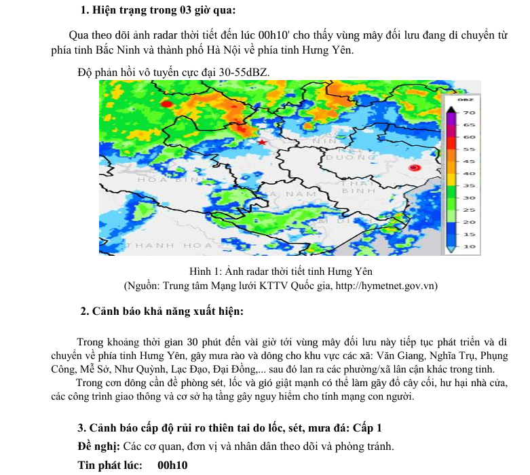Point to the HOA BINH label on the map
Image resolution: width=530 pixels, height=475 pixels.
166,180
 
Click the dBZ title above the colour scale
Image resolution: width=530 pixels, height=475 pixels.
466,100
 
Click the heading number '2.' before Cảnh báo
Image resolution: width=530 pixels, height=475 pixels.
85,311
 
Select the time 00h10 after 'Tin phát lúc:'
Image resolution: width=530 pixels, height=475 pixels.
172,465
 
